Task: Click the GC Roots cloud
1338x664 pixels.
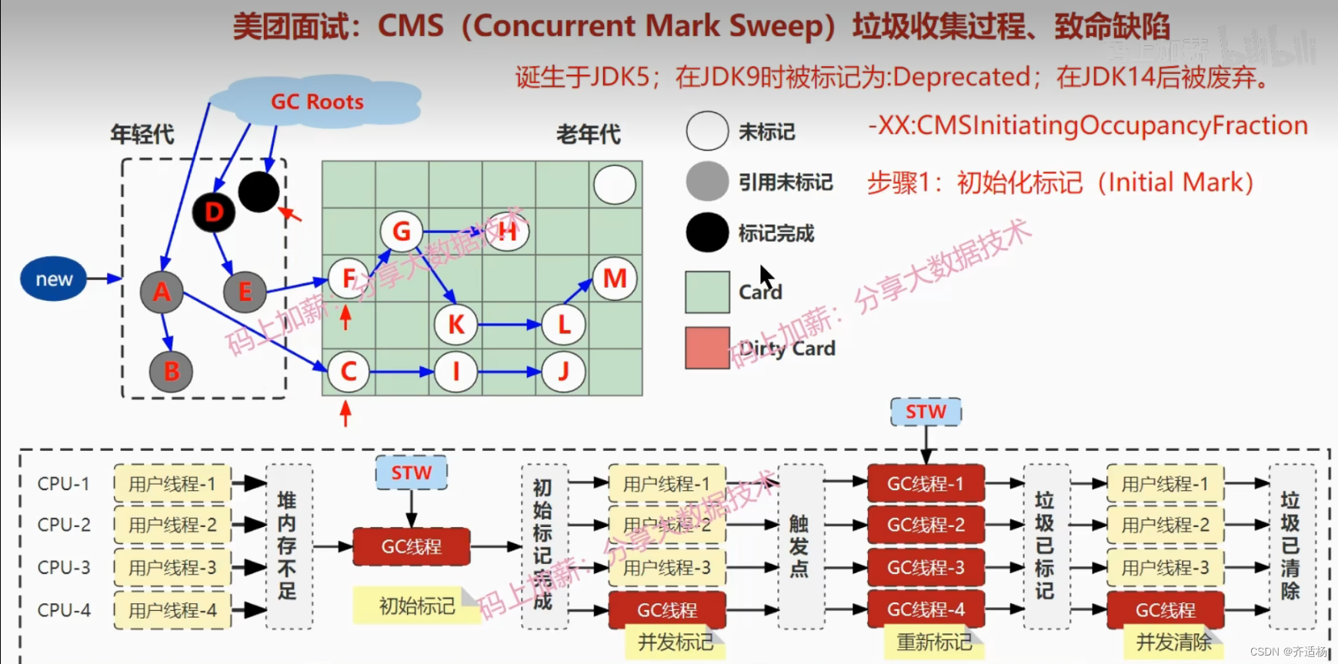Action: coord(316,102)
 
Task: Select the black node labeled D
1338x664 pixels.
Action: coord(214,212)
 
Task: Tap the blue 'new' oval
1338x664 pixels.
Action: coord(54,279)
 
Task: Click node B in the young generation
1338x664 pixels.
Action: coord(172,372)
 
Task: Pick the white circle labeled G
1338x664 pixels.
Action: coord(401,231)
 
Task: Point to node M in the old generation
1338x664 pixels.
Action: coord(614,279)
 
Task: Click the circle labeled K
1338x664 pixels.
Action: coord(455,325)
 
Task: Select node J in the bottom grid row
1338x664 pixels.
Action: coord(563,372)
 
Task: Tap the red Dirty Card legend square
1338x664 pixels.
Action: coord(707,348)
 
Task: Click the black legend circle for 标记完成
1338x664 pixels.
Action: coord(707,232)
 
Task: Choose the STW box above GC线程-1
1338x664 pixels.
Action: coord(926,412)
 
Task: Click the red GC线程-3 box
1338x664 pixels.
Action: coord(926,568)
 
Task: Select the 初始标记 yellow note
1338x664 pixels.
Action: coord(416,606)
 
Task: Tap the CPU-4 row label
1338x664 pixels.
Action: coord(64,610)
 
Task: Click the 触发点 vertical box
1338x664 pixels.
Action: coord(800,546)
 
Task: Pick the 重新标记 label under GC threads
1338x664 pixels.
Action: coord(934,642)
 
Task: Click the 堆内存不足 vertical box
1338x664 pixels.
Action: coord(289,546)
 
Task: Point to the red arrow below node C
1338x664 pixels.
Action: coord(345,413)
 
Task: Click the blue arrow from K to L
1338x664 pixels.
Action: coord(508,325)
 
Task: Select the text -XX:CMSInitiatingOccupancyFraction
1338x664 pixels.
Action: coord(1088,125)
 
